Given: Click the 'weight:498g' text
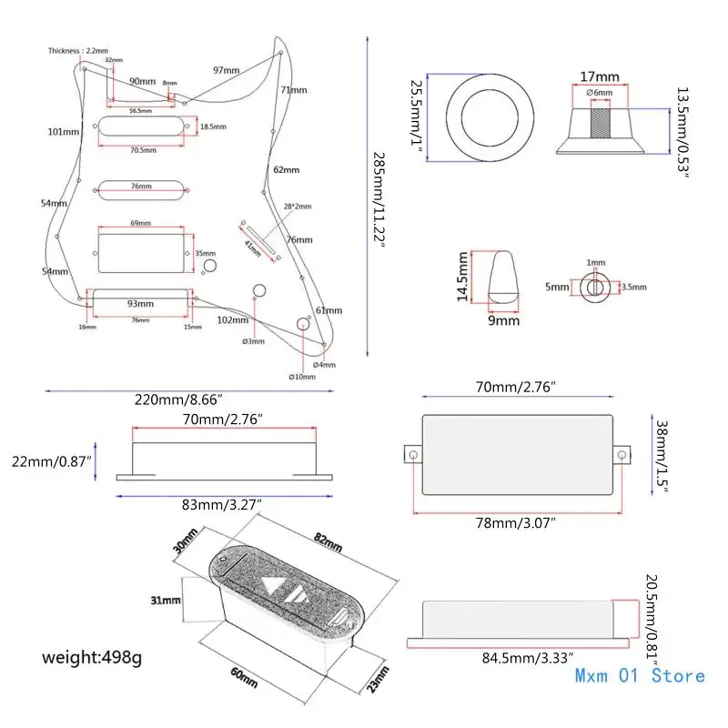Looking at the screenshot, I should pos(92,655).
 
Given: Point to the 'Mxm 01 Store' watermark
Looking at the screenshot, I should pos(640,675).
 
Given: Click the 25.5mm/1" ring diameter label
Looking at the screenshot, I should pos(417,116).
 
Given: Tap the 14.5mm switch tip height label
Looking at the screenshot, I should pos(462,278).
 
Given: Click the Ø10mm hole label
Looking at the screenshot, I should pos(302,377).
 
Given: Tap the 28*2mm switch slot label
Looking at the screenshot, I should pos(296,207).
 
